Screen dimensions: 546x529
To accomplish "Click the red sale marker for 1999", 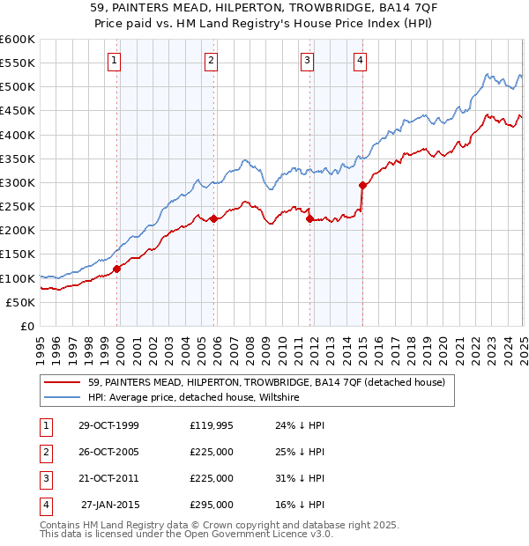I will coord(117,269).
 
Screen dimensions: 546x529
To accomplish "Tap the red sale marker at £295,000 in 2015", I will coord(362,185).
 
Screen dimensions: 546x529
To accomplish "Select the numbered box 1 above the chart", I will coord(115,61).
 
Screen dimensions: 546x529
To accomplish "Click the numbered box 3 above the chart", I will coord(307,61).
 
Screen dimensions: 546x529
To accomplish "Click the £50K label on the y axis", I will coord(20,302).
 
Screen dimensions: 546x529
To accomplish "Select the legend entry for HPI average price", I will coord(194,398).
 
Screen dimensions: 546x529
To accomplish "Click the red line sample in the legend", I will coord(63,383).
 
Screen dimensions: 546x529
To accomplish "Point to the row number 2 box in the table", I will coord(43,453).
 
